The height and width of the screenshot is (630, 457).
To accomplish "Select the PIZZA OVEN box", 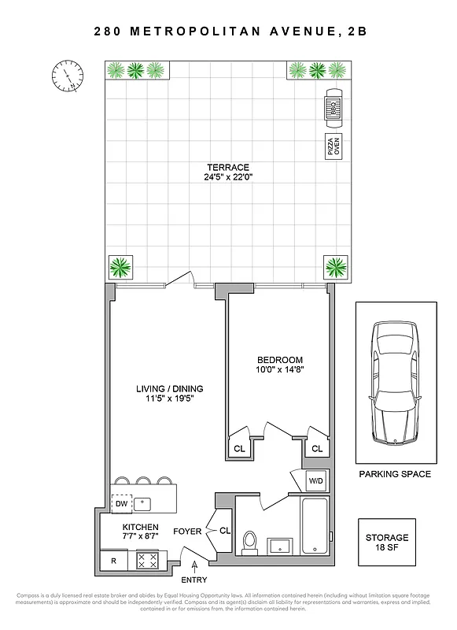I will click(333, 147).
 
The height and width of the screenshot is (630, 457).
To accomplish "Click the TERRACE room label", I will click(228, 167).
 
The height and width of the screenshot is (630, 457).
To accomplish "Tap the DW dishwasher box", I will click(121, 503).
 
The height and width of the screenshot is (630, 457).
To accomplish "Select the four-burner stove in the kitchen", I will click(148, 560).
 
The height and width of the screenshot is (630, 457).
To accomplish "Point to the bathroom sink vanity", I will click(279, 546).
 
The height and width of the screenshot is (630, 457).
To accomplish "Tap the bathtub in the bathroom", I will click(315, 525).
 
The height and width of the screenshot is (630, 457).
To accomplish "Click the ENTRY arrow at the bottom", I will click(193, 569).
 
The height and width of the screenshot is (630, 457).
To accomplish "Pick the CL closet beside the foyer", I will click(223, 531).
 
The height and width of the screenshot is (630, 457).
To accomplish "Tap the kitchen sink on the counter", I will click(142, 502).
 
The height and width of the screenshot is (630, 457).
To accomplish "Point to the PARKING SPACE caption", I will click(394, 474).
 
